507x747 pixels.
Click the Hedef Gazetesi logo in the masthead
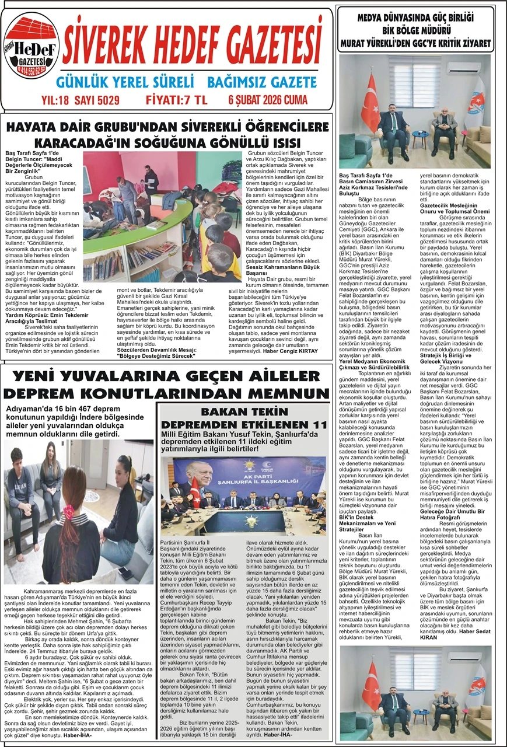(32, 49)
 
